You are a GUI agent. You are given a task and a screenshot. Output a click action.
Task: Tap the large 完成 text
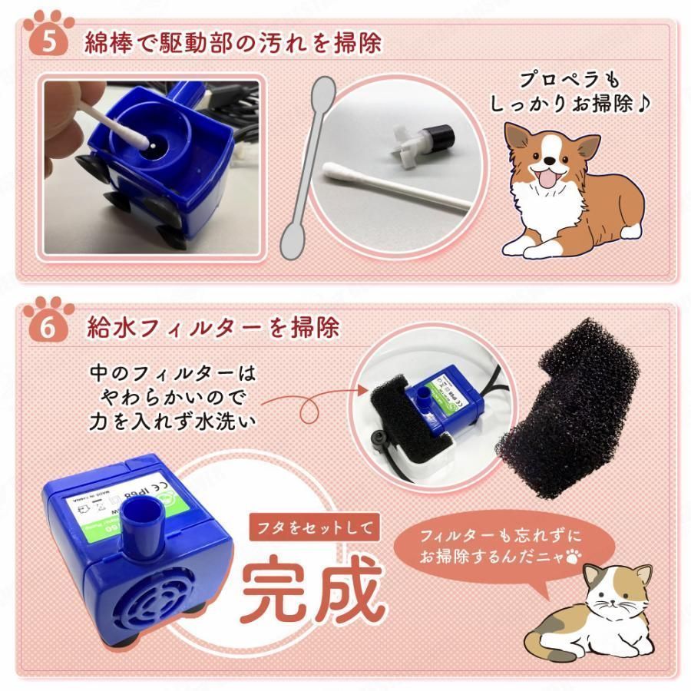(311, 587)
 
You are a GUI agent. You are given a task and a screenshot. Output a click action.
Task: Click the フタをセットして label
(316, 527)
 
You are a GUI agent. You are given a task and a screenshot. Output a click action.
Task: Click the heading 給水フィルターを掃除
(213, 328)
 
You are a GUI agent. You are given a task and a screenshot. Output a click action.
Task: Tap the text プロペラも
(569, 79)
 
